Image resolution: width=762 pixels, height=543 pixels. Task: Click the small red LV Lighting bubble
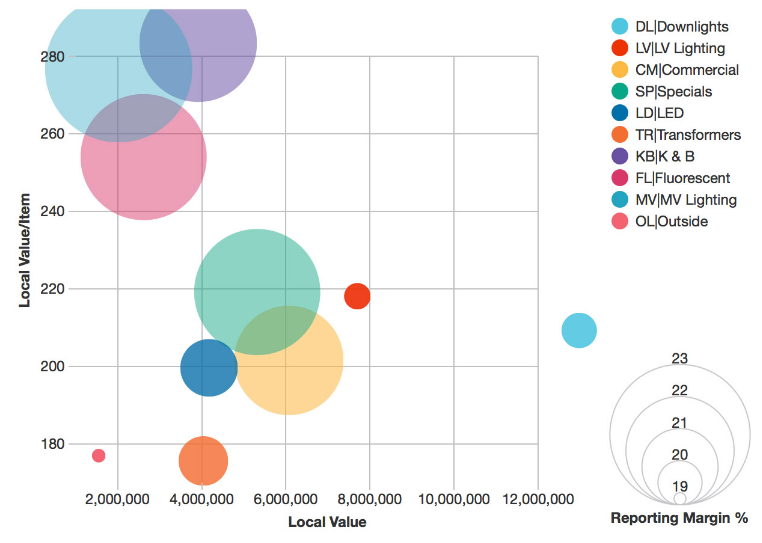click(357, 296)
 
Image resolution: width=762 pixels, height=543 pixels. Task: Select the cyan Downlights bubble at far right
click(579, 330)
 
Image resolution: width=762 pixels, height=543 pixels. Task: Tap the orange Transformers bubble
click(203, 461)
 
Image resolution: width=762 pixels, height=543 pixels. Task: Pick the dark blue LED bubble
click(209, 368)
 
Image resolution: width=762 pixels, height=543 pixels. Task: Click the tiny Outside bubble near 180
click(98, 456)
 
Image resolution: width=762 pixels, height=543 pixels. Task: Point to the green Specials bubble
click(257, 292)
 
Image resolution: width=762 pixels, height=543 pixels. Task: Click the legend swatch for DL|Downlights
click(620, 27)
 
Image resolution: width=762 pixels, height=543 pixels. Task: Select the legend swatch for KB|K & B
click(620, 156)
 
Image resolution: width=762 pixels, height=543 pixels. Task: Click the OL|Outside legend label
click(671, 221)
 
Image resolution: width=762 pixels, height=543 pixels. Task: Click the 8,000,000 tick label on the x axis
click(370, 499)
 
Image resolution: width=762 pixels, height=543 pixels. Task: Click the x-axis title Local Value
click(327, 522)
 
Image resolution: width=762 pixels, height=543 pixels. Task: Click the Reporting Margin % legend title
click(679, 518)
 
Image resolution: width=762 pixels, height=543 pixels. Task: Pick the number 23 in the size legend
click(680, 359)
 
